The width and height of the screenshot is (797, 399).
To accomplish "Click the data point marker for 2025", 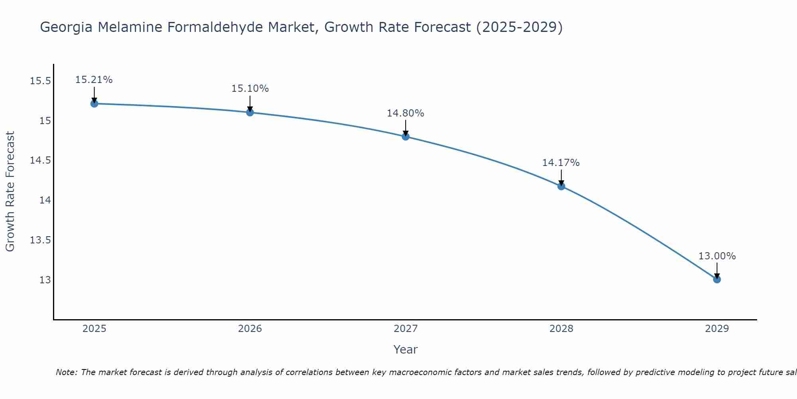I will point(94,104).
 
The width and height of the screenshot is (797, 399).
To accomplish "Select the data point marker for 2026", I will point(250,113).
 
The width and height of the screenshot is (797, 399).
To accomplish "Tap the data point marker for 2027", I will point(406,136).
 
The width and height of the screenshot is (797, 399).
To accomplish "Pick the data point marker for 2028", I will point(561,186).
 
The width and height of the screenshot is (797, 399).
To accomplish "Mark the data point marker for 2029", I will point(717,279).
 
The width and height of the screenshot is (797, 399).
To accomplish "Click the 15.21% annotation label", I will point(94,80).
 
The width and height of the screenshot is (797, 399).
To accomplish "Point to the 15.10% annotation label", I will point(250,89).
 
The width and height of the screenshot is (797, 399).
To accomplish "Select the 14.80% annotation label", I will point(405,113).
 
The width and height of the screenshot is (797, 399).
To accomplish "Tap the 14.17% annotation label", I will point(561,163).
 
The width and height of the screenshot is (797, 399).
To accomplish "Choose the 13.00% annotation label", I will point(717,256).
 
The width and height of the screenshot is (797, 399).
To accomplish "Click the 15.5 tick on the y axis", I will point(41,81).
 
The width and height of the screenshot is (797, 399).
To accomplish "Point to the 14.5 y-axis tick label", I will point(41,160).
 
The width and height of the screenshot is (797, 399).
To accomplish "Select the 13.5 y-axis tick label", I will point(41,240).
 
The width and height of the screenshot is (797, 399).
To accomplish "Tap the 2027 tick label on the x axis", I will point(406,329).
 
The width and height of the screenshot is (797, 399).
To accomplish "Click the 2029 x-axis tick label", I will point(717,329).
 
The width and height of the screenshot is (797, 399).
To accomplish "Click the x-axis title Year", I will point(405,350).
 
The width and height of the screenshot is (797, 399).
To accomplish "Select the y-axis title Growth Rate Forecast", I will point(10,192).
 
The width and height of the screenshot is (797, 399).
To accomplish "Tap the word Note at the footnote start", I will point(66,372).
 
